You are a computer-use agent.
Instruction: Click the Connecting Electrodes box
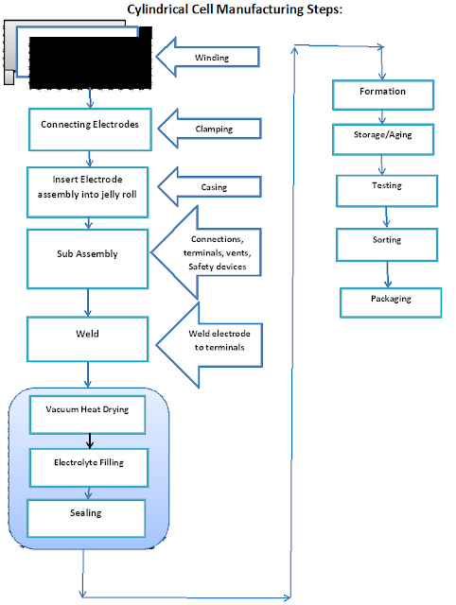click(x=90, y=130)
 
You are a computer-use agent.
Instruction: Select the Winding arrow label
click(x=212, y=58)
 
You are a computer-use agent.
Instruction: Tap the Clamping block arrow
click(x=210, y=129)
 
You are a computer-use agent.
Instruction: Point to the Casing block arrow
click(x=210, y=187)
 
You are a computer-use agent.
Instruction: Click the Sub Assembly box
click(x=88, y=259)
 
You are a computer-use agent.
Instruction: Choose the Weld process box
click(x=88, y=339)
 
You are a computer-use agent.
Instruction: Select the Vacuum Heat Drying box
click(x=87, y=415)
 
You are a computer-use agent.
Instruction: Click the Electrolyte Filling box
click(x=89, y=468)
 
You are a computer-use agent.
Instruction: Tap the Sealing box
click(x=86, y=518)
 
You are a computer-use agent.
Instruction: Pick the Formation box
click(x=383, y=95)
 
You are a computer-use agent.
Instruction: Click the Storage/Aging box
click(x=383, y=139)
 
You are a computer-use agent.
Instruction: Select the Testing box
click(x=387, y=191)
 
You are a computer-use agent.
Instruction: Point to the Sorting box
click(x=387, y=245)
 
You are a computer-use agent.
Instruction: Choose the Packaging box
click(x=391, y=302)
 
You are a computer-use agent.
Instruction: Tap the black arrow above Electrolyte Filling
click(x=90, y=441)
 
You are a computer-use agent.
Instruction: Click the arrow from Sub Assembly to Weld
click(x=88, y=302)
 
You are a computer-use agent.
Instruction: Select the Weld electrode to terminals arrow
click(x=209, y=344)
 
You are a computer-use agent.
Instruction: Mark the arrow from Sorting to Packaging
click(x=388, y=275)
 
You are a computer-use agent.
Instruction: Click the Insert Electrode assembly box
click(x=88, y=192)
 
